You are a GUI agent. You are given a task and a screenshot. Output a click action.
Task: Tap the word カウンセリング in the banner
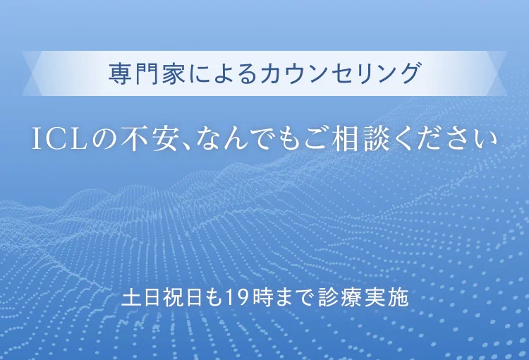(340, 73)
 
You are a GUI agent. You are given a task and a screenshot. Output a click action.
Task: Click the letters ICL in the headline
(60, 139)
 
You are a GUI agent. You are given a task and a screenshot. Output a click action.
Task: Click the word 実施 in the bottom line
(387, 297)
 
